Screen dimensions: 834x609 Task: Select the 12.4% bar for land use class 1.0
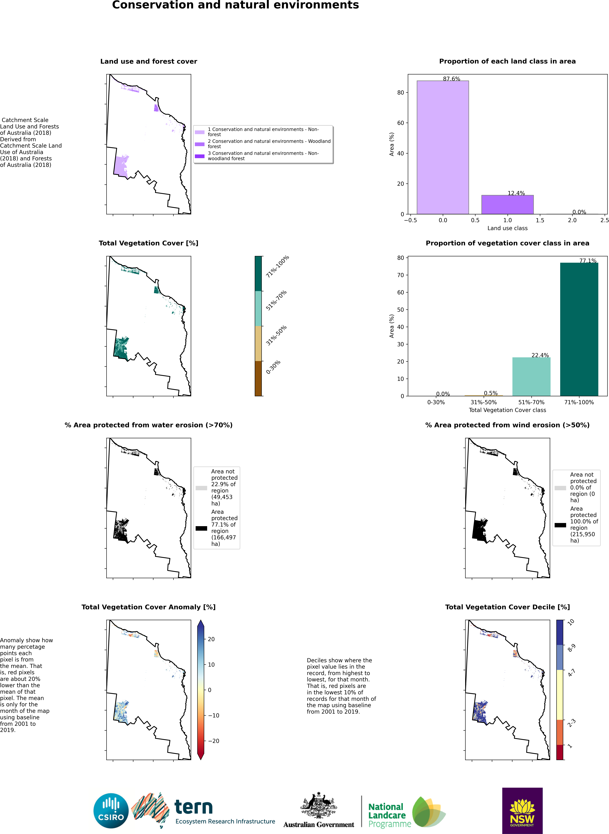click(x=507, y=205)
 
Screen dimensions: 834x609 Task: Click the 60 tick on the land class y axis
click(x=401, y=123)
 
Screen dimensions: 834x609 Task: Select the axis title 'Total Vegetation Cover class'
click(x=507, y=410)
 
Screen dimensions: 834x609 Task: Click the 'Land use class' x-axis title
click(x=507, y=228)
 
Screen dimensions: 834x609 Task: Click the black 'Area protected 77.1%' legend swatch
click(x=201, y=528)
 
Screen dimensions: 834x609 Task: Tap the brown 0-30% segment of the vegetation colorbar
click(x=258, y=378)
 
